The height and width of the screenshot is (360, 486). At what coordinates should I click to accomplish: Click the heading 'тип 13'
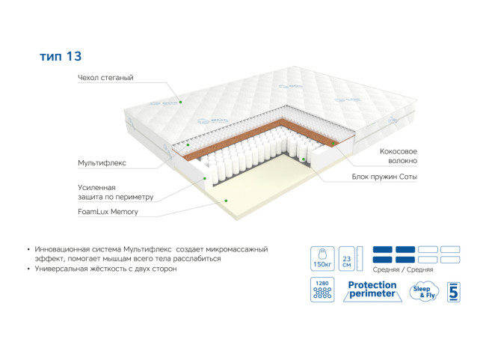point(61,56)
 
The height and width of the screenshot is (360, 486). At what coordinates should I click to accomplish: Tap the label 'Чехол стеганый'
point(105,78)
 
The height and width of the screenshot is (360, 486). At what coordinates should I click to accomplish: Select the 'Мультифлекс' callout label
point(102,163)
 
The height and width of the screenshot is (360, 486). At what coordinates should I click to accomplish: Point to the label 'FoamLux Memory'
point(108,212)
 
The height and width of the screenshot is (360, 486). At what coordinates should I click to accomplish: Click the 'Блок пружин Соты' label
point(384,177)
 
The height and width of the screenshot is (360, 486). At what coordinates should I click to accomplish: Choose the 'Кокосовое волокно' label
point(399,156)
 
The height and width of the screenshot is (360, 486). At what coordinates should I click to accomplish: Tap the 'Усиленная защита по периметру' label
point(116,192)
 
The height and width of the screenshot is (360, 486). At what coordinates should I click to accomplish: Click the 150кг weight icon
point(322,258)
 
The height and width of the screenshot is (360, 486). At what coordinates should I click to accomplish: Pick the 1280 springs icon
point(322,290)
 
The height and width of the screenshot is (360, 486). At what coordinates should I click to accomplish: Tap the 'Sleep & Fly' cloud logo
point(424,292)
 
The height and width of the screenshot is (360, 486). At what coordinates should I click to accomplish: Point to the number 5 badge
point(453,292)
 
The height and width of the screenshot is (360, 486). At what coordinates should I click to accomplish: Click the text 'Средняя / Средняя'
point(403,269)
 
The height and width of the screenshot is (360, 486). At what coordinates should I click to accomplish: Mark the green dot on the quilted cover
point(180,102)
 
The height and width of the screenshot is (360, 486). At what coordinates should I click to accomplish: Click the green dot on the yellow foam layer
point(226,201)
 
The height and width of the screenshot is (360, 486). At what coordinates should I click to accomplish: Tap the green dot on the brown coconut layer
point(333,144)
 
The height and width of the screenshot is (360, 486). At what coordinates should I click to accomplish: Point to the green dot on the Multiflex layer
point(188,144)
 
